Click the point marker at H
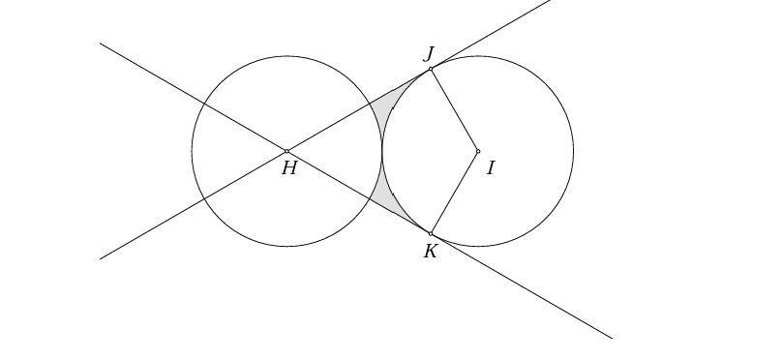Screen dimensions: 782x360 [x=287, y=151]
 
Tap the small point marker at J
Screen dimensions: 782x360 [x=431, y=69]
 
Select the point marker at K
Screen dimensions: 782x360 [x=431, y=233]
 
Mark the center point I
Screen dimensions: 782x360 [x=478, y=151]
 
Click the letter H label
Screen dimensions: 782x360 [x=288, y=169]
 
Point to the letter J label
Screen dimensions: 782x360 [x=428, y=52]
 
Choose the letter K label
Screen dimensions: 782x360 [x=431, y=252]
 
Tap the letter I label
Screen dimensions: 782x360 [x=491, y=168]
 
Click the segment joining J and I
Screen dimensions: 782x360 [x=455, y=110]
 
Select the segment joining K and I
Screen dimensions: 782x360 [x=455, y=192]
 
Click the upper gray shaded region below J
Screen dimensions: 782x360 [x=388, y=102]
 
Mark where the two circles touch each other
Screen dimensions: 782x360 [x=382, y=151]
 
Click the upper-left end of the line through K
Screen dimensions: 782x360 [x=101, y=44]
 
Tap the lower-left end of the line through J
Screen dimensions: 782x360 [x=101, y=258]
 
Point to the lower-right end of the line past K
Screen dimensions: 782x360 [x=612, y=338]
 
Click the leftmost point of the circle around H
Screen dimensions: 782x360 [x=192, y=151]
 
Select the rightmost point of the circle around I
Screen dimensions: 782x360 [x=573, y=151]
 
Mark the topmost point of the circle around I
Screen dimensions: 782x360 [x=478, y=56]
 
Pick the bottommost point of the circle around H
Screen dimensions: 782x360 [x=287, y=246]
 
